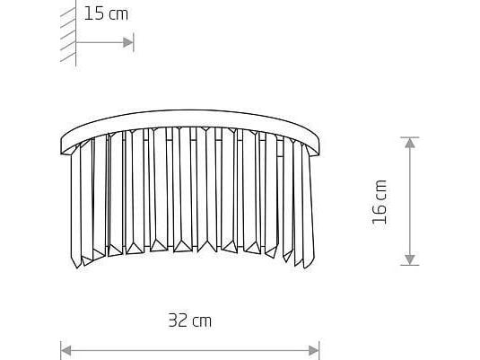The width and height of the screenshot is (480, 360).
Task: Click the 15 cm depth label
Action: [106, 14]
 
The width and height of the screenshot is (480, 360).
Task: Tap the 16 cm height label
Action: [380, 202]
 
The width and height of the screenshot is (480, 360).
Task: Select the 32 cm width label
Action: [190, 320]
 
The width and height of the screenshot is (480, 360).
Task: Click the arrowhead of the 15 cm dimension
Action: [128, 42]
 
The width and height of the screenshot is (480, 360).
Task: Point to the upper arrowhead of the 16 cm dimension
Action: [410, 143]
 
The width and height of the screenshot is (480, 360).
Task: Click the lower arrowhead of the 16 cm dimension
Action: [410, 259]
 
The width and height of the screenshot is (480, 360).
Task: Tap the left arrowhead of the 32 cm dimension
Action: [66, 350]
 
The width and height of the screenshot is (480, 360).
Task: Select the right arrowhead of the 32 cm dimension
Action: [314, 350]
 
